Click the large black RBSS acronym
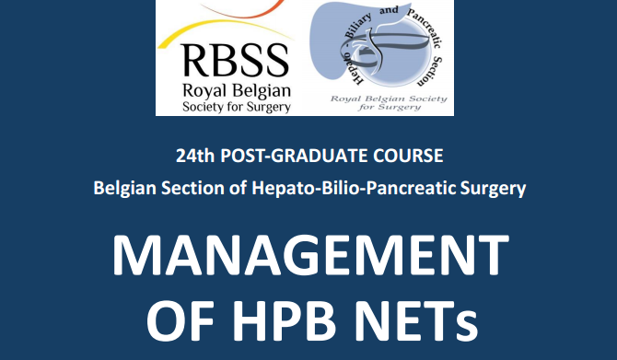pyautogui.click(x=236, y=61)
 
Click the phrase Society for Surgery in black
pyautogui.click(x=237, y=107)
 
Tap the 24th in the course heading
pyautogui.click(x=195, y=156)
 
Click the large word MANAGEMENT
pyautogui.click(x=310, y=255)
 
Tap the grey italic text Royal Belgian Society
pyautogui.click(x=389, y=99)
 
